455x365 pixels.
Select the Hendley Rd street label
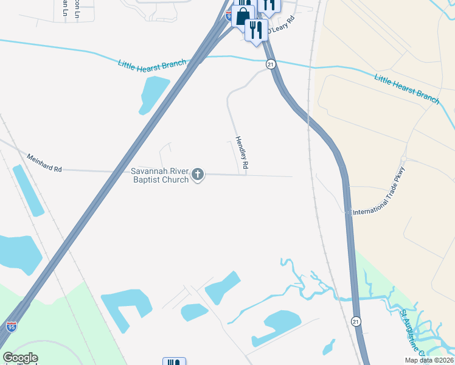[x=241, y=153]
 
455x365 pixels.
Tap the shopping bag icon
[x=243, y=15]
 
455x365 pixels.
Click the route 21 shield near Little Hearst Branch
[x=271, y=64]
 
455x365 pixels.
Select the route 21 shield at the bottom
[x=356, y=321]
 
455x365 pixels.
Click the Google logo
[x=20, y=358]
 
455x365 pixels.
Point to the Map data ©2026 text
[x=429, y=360]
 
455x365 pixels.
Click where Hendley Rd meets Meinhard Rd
[x=246, y=175]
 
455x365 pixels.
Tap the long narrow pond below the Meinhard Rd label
[x=29, y=190]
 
